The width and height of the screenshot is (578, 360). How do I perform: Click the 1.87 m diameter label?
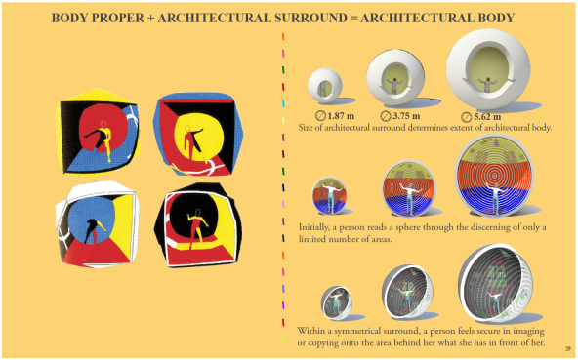[x=335, y=116]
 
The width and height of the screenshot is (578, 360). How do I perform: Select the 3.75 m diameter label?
[x=400, y=116]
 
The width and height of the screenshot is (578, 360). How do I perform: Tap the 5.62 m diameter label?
[x=481, y=117]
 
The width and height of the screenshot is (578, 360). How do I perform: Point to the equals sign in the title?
[x=353, y=19]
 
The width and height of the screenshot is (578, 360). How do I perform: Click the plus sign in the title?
[x=150, y=19]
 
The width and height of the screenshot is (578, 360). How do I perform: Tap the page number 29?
[x=568, y=348]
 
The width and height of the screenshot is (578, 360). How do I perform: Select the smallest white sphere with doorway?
[x=325, y=86]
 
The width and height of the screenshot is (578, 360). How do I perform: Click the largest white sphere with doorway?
[x=488, y=69]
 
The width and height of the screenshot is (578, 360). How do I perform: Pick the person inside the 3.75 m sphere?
[x=394, y=86]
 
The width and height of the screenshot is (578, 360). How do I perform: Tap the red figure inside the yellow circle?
[x=192, y=142]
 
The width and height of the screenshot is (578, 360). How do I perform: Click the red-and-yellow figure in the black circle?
[x=197, y=226]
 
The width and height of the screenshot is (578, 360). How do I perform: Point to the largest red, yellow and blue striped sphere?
[x=494, y=176]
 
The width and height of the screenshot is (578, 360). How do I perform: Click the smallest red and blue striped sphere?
[x=329, y=195]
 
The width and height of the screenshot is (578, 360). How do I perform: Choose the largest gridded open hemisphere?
[x=495, y=283]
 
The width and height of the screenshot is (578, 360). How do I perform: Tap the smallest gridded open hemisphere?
[x=337, y=302]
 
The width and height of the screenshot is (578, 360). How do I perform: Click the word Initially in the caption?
[x=313, y=227]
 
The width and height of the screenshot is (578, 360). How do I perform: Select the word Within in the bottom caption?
[x=311, y=330]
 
